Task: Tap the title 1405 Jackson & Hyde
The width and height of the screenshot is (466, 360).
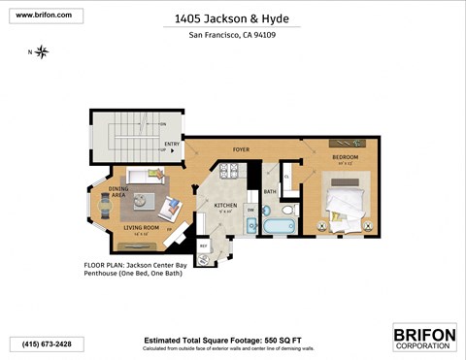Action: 232,17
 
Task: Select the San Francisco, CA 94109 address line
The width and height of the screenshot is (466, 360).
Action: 233,36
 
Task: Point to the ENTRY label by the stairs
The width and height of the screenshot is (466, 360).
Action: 172,146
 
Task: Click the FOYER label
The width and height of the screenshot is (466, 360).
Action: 242,149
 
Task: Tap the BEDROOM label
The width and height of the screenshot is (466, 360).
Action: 345,157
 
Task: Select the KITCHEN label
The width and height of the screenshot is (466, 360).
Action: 225,206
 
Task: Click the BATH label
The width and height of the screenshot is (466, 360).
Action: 270,191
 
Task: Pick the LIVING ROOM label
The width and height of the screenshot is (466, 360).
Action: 140,229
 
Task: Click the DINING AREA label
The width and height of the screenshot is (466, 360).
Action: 118,192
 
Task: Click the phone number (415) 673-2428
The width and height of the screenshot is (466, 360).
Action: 47,344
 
